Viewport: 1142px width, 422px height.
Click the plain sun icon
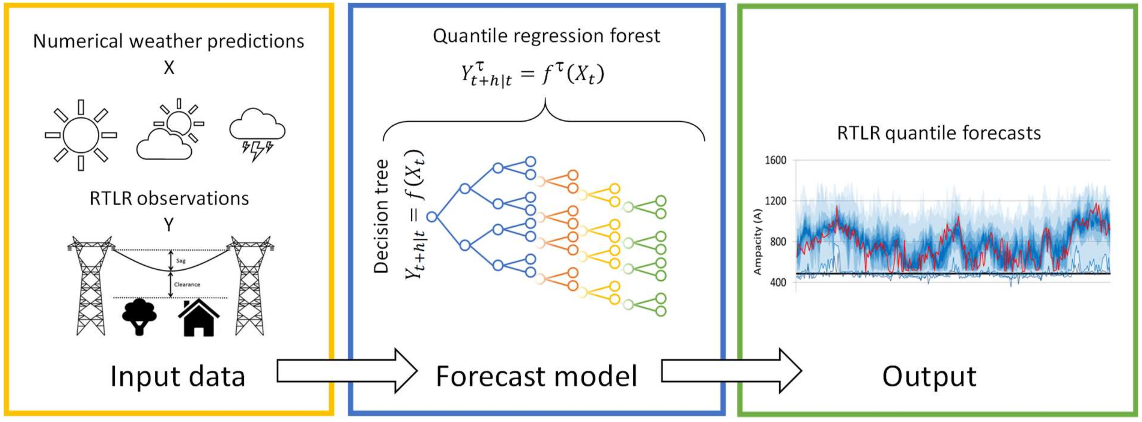point(81,135)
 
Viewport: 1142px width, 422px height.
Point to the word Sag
point(181,261)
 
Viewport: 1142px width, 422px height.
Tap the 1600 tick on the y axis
point(775,160)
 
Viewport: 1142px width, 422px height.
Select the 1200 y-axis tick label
point(775,201)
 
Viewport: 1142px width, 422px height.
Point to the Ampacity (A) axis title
point(757,242)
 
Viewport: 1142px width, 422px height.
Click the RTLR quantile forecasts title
point(939,133)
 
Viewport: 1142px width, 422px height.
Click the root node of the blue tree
point(432,217)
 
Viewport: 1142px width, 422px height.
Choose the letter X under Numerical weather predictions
point(169,68)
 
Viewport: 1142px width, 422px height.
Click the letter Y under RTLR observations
point(169,225)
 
